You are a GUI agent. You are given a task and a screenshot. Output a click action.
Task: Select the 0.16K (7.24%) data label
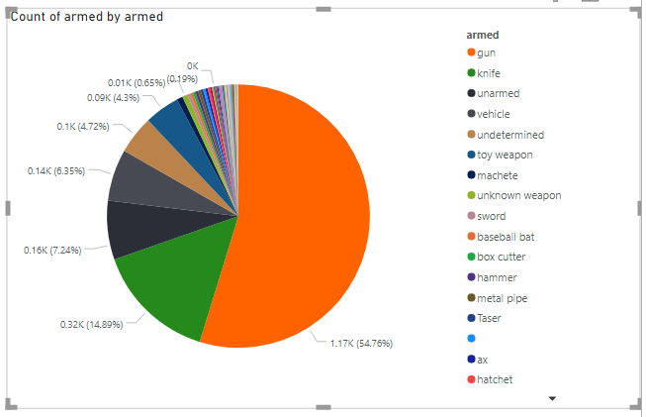51,250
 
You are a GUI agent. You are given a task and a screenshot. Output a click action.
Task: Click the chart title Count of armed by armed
87,17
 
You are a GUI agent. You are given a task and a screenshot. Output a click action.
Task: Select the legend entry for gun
488,52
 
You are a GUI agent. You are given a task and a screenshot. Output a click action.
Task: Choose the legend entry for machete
497,175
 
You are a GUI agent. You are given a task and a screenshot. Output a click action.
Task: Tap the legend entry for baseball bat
505,237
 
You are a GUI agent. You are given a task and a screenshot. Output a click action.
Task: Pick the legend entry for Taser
491,318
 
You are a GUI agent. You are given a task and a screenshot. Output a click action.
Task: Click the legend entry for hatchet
496,379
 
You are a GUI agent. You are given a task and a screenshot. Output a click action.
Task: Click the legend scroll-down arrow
553,398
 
